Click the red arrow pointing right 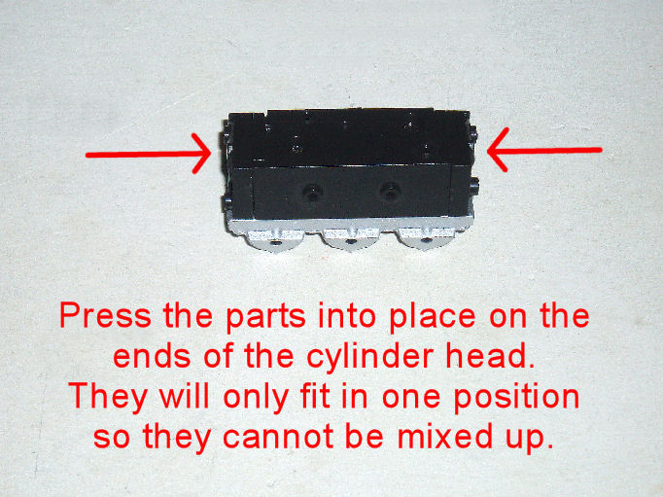click(x=148, y=155)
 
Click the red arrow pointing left click(x=544, y=150)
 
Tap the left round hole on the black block click(x=312, y=193)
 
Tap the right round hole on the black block click(x=389, y=192)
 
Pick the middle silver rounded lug click(x=351, y=240)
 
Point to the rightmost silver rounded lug click(x=426, y=240)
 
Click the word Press click(x=105, y=315)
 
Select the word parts click(x=265, y=317)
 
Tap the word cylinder click(x=370, y=357)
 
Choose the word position click(x=517, y=396)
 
